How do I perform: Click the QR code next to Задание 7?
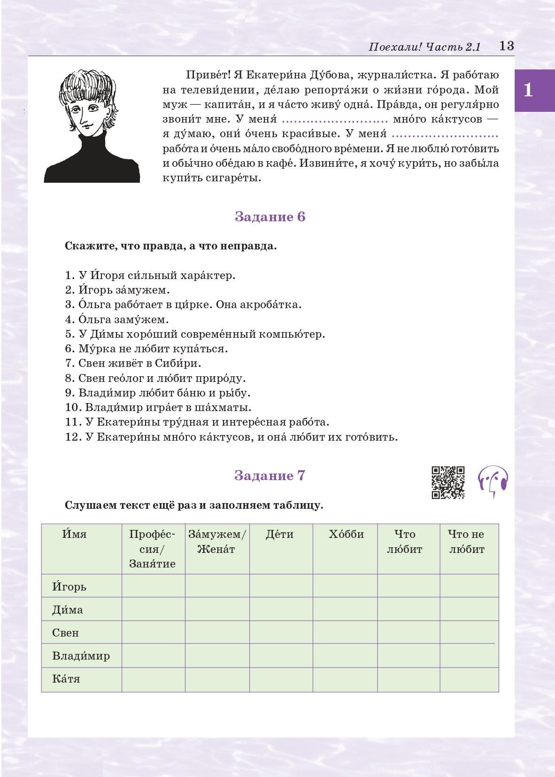(x=448, y=482)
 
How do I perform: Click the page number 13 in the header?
(x=506, y=46)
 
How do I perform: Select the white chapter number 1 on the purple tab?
(x=528, y=90)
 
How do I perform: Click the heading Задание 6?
(x=270, y=217)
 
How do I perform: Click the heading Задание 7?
(x=270, y=475)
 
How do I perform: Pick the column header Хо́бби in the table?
(x=346, y=534)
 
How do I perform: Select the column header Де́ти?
(x=279, y=534)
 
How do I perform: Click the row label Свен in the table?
(x=65, y=633)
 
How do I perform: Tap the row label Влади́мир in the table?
(x=81, y=656)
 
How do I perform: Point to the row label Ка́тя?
(x=66, y=679)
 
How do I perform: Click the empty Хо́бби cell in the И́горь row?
(x=345, y=586)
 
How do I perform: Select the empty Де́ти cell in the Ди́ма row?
(x=281, y=609)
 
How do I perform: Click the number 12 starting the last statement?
(x=72, y=437)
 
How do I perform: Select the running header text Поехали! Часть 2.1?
(x=424, y=47)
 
